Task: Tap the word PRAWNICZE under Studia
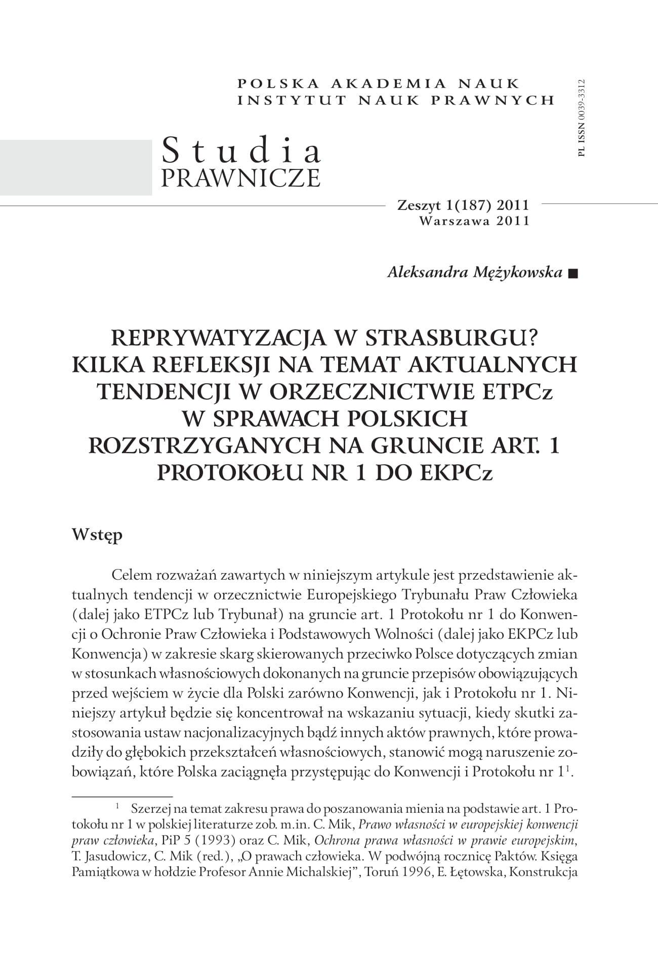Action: click(x=240, y=178)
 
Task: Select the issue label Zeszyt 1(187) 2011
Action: click(x=463, y=205)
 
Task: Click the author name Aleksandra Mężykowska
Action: click(x=475, y=272)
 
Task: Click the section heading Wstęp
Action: click(x=97, y=535)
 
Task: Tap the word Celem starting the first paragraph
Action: click(x=130, y=575)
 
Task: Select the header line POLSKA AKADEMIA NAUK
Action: click(x=379, y=83)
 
